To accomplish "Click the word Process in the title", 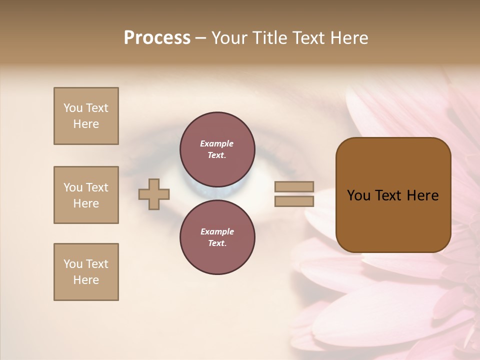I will click(157, 38).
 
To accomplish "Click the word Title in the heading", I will click(268, 38).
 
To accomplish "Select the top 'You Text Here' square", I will click(86, 116).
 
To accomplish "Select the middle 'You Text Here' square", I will click(86, 195).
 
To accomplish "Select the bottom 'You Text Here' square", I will click(86, 272).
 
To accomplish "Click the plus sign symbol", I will click(154, 194).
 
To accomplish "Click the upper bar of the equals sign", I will click(294, 186).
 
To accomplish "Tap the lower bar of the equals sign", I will click(294, 201).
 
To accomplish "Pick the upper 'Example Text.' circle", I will click(217, 149).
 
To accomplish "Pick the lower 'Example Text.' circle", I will click(217, 237).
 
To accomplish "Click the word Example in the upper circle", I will click(217, 143).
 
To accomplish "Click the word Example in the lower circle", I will click(217, 231).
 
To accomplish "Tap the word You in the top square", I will click(73, 108).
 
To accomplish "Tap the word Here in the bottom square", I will click(86, 280).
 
